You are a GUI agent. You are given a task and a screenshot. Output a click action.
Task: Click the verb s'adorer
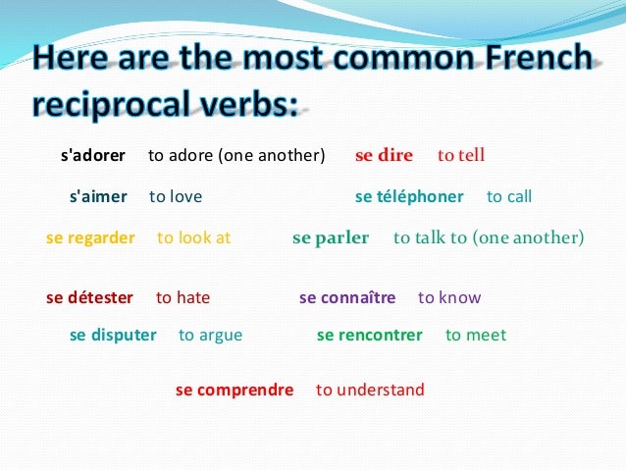pyautogui.click(x=93, y=155)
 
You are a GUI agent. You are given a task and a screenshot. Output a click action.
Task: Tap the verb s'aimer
pyautogui.click(x=98, y=196)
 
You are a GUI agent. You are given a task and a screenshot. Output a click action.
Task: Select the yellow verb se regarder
pyautogui.click(x=90, y=237)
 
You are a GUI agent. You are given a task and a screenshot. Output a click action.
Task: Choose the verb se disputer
pyautogui.click(x=113, y=335)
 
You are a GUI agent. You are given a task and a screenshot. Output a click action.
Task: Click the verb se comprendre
pyautogui.click(x=235, y=390)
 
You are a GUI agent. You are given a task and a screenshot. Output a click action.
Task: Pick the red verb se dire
pyautogui.click(x=384, y=155)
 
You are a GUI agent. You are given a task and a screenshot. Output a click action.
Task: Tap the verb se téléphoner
pyautogui.click(x=409, y=196)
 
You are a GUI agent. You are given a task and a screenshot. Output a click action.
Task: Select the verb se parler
pyautogui.click(x=331, y=237)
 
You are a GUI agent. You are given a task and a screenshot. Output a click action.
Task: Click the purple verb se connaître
pyautogui.click(x=347, y=297)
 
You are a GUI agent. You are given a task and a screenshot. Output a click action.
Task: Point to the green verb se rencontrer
pyautogui.click(x=369, y=335)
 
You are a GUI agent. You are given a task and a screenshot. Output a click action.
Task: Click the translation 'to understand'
pyautogui.click(x=370, y=390)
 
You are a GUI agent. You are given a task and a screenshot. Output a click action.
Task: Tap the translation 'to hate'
pyautogui.click(x=183, y=297)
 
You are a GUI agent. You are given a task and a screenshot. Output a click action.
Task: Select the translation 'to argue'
pyautogui.click(x=210, y=335)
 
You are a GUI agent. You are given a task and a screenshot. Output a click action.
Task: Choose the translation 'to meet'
pyautogui.click(x=476, y=335)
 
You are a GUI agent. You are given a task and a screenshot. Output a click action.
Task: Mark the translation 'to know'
pyautogui.click(x=449, y=297)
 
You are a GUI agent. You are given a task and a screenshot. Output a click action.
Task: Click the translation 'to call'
pyautogui.click(x=509, y=196)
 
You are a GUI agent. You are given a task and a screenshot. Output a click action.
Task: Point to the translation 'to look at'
pyautogui.click(x=193, y=237)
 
